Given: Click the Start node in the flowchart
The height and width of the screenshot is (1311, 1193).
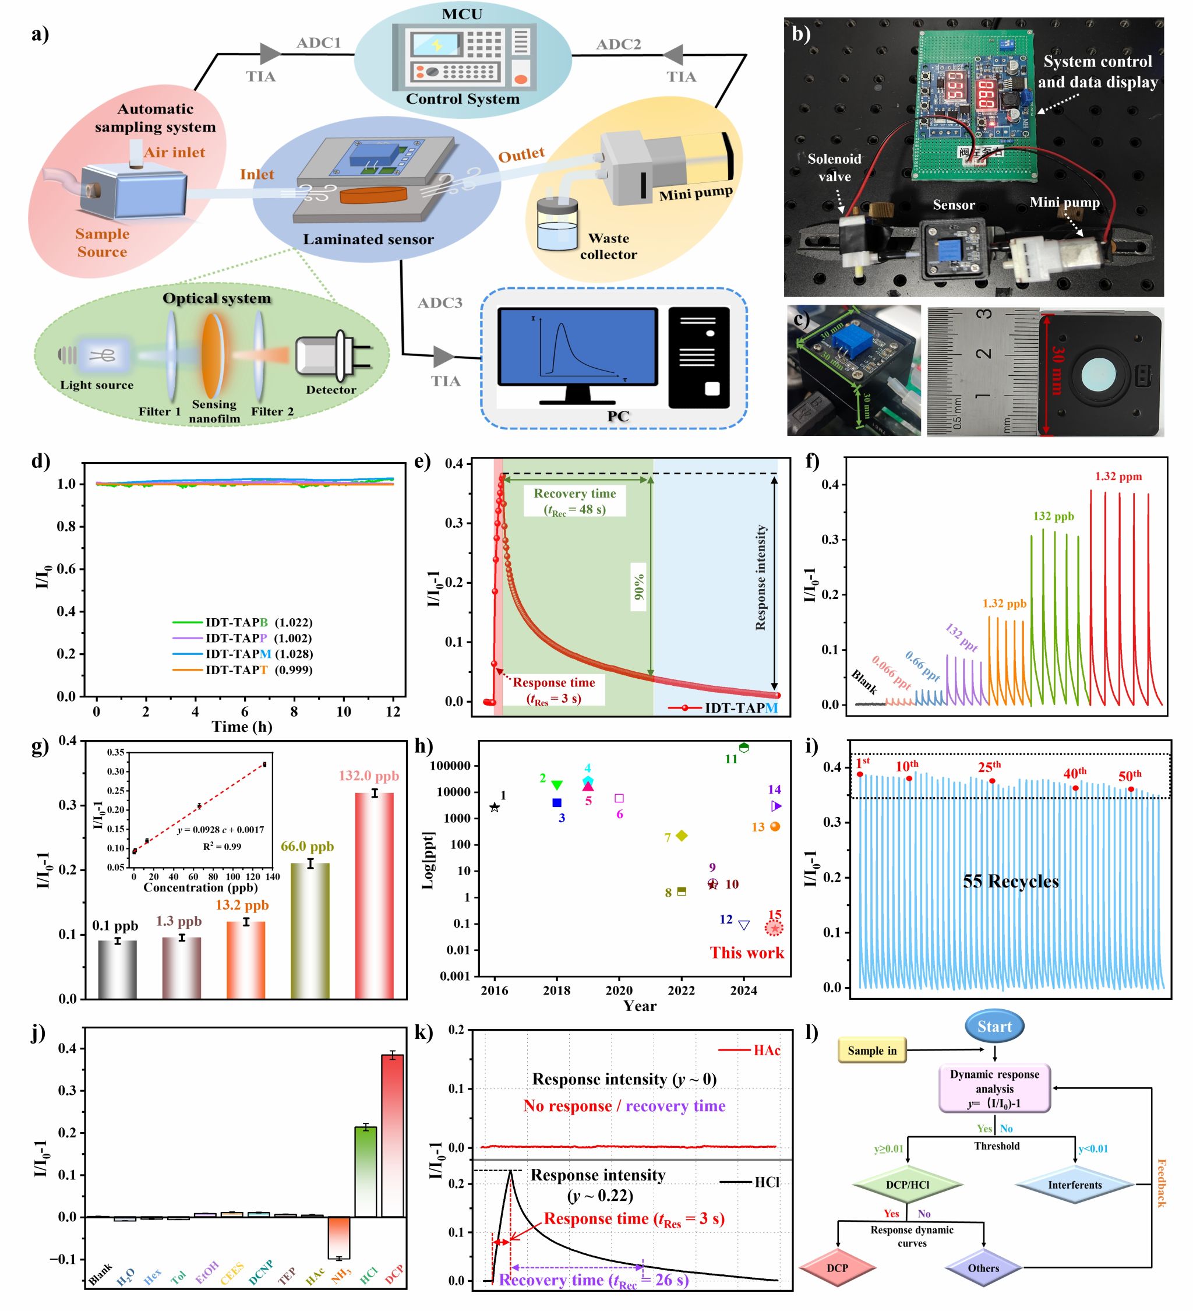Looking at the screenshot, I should [x=993, y=1027].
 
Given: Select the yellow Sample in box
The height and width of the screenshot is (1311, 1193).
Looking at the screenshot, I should [x=871, y=1050].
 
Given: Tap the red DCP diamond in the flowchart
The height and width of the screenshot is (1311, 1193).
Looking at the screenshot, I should [x=836, y=1268].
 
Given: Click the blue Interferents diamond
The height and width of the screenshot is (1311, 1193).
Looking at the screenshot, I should [x=1074, y=1185].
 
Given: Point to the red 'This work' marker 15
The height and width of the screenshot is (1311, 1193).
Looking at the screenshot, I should [x=773, y=928].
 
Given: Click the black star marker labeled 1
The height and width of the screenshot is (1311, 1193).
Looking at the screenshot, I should [x=495, y=807].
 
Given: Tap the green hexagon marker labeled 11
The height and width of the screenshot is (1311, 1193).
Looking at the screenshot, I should [x=744, y=748].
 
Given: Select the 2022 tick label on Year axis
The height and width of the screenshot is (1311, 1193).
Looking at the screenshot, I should [x=681, y=991].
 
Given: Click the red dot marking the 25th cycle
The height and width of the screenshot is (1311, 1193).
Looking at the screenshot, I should [x=992, y=781].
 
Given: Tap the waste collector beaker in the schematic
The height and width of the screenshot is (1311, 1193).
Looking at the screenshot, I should [x=557, y=224].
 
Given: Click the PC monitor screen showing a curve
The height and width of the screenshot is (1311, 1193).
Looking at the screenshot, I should [x=577, y=347].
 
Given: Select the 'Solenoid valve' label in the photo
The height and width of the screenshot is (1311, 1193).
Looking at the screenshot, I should [x=834, y=168].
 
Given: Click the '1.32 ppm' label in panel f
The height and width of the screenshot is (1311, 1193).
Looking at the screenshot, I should [x=1118, y=477].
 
